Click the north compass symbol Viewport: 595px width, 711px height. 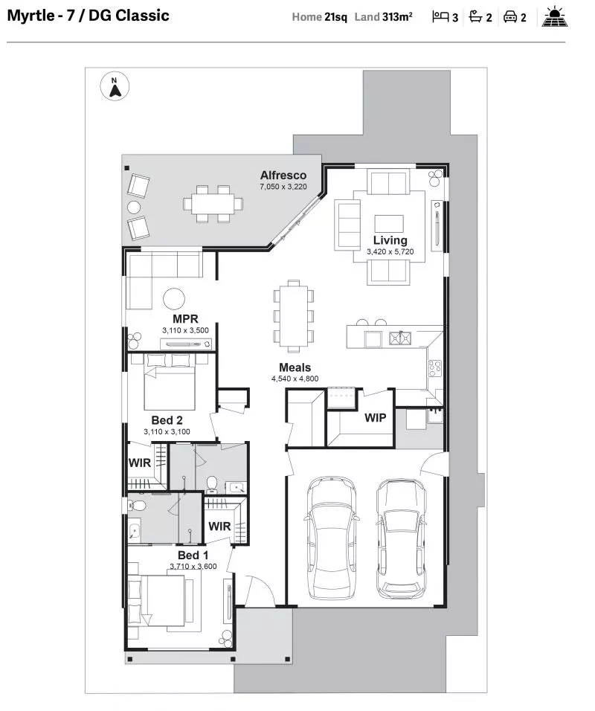tap(114, 87)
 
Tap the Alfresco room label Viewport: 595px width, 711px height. tap(283, 176)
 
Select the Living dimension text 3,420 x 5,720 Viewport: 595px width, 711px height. tap(390, 253)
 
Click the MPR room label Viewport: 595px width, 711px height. tap(184, 319)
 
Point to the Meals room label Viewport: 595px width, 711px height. tap(295, 367)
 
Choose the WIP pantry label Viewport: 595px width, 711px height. tap(375, 418)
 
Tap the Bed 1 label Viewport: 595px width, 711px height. tap(193, 556)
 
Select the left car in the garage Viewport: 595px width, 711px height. tap(332, 536)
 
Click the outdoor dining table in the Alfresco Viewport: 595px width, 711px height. tap(213, 203)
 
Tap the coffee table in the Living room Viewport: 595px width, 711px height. tap(389, 223)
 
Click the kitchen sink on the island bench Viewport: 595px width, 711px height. tap(399, 338)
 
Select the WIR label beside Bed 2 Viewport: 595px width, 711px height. tap(140, 463)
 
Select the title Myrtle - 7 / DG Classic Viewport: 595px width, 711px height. tap(88, 16)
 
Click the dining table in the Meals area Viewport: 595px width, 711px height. tap(294, 315)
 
